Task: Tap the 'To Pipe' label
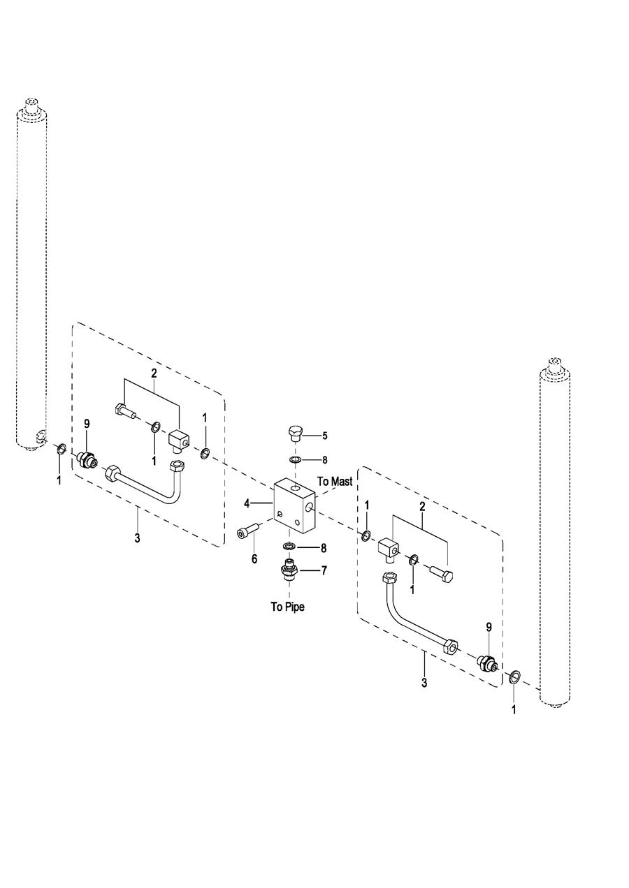(x=288, y=606)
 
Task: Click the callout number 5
(x=324, y=436)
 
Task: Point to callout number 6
(x=254, y=558)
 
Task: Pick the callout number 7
(x=324, y=570)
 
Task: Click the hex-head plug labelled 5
(x=294, y=434)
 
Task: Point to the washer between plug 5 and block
(x=294, y=460)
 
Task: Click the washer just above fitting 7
(x=288, y=545)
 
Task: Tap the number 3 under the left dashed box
(x=137, y=538)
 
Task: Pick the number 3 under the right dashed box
(x=424, y=683)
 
